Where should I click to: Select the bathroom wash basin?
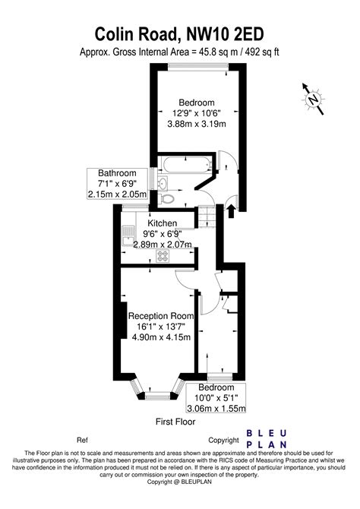(163, 182)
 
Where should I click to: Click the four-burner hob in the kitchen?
(163, 256)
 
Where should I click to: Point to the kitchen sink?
(128, 236)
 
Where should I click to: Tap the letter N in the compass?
(314, 99)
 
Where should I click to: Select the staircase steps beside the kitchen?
(207, 217)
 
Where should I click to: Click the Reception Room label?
(161, 316)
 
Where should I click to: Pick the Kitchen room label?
(163, 223)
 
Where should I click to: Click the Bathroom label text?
(117, 172)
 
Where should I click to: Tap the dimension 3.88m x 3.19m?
(197, 124)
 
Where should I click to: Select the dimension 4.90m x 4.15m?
(161, 337)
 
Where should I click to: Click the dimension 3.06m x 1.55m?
(216, 408)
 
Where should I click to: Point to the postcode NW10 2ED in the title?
(225, 34)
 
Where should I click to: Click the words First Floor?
(175, 422)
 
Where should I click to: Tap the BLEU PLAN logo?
(267, 439)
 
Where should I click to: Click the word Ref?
(82, 440)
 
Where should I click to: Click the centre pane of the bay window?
(157, 395)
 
